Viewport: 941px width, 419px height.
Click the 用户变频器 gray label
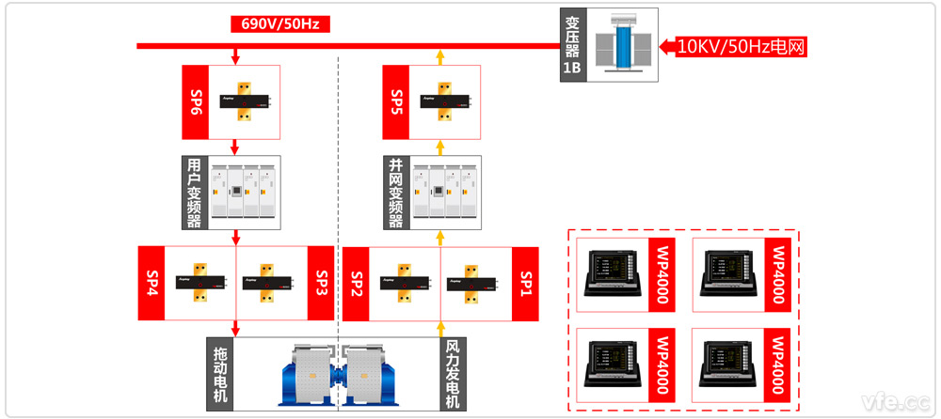(x=195, y=194)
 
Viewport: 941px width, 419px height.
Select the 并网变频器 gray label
(x=396, y=194)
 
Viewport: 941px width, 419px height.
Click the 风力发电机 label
(x=453, y=374)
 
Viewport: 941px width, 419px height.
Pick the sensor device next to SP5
(x=439, y=98)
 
